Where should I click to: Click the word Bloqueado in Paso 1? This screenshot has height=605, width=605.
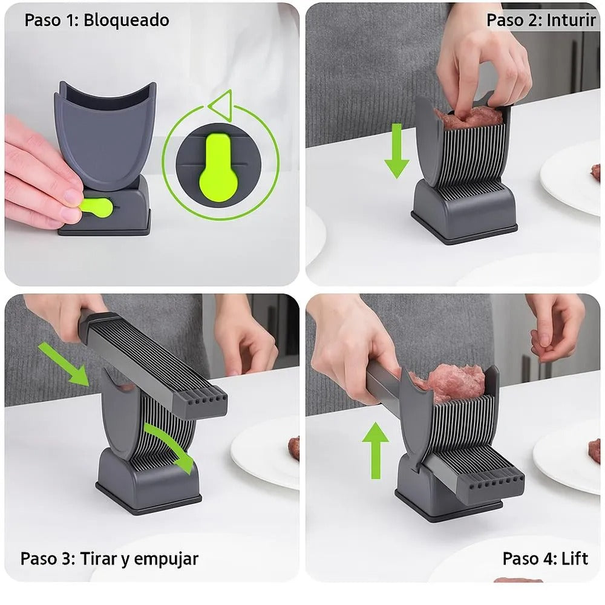[x=126, y=20]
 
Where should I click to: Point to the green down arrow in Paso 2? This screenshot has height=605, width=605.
[x=397, y=151]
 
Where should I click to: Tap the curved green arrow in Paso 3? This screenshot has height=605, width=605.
[x=171, y=446]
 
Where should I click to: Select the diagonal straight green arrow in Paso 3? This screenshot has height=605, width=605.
[x=64, y=364]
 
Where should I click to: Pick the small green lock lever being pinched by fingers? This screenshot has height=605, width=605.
[x=96, y=207]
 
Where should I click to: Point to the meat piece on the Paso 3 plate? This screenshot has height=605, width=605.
[x=294, y=448]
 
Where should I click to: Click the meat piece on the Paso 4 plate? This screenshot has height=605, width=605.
[x=595, y=451]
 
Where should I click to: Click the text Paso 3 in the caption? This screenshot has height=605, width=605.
[x=46, y=558]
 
